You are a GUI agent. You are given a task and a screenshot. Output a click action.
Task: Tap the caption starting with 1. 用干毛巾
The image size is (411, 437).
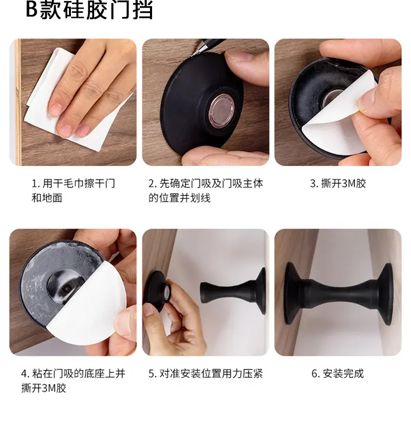tap(73, 191)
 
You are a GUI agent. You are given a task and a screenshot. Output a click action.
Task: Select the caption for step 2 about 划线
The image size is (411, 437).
tap(206, 191)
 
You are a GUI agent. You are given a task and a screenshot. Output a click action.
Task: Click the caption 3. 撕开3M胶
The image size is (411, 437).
tap(338, 184)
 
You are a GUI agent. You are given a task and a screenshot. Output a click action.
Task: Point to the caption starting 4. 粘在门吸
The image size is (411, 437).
tap(73, 381)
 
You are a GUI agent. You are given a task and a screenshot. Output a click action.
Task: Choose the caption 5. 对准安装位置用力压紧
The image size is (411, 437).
tap(206, 374)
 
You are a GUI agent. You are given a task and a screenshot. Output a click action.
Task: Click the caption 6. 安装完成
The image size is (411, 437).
tap(338, 374)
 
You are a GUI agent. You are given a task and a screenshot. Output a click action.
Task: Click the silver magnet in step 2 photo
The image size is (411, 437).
tap(221, 111)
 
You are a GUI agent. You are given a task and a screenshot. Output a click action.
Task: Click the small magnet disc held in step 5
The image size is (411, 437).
tap(167, 293)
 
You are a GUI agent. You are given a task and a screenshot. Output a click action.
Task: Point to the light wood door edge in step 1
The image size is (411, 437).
tap(17, 102)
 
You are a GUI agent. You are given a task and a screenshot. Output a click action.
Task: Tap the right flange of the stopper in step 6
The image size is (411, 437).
tap(386, 294)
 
